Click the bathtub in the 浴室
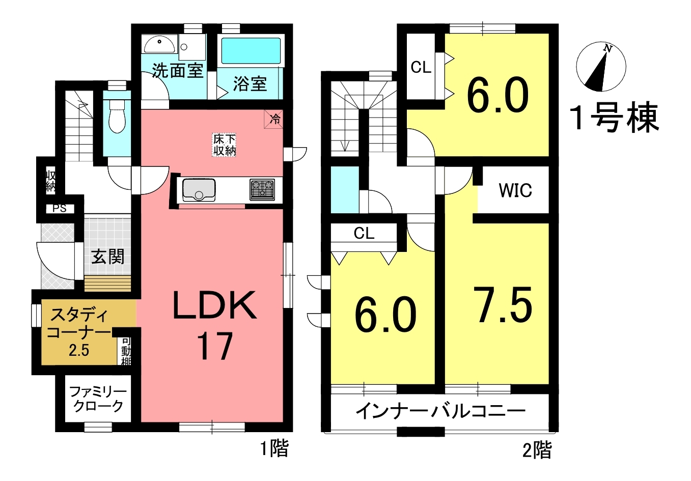coord(251,51)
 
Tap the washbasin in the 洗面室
coord(160,44)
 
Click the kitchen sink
coord(199,190)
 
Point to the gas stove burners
coord(262,189)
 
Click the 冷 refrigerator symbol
coord(273,119)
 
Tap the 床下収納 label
coord(224,145)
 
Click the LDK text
coord(214,305)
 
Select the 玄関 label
coord(107,257)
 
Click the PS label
coord(60,209)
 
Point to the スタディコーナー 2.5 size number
coord(79,351)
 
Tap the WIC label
coord(515,190)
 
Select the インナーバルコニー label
coord(440,411)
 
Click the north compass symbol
coord(601,67)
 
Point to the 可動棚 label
coord(126,352)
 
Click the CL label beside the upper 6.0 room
coord(421,67)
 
